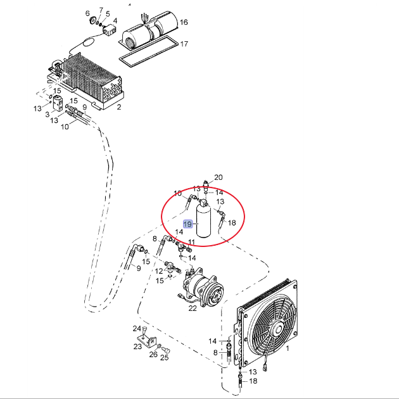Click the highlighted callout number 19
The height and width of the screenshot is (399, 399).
[188, 224]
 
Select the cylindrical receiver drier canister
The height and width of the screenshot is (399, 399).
[203, 222]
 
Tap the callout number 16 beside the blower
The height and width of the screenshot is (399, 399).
[184, 22]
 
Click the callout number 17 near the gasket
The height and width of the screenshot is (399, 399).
[184, 44]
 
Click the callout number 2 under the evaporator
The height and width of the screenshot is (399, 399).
[119, 107]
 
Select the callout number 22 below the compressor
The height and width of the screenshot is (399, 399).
[193, 308]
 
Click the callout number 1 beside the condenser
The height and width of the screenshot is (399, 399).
[288, 348]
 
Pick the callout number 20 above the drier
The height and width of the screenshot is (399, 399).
[218, 177]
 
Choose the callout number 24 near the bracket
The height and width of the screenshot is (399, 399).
[137, 329]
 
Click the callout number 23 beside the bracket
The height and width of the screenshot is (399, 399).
[137, 346]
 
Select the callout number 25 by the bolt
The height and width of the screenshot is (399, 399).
[165, 358]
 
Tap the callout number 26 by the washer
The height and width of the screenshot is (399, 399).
[153, 354]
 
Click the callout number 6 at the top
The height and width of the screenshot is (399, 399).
[87, 13]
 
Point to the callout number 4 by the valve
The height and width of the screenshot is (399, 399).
[115, 21]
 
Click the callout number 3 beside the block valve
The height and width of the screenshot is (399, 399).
[47, 115]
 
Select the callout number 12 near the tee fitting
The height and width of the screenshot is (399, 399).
[159, 271]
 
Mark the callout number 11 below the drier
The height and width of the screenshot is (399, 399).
[191, 242]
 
